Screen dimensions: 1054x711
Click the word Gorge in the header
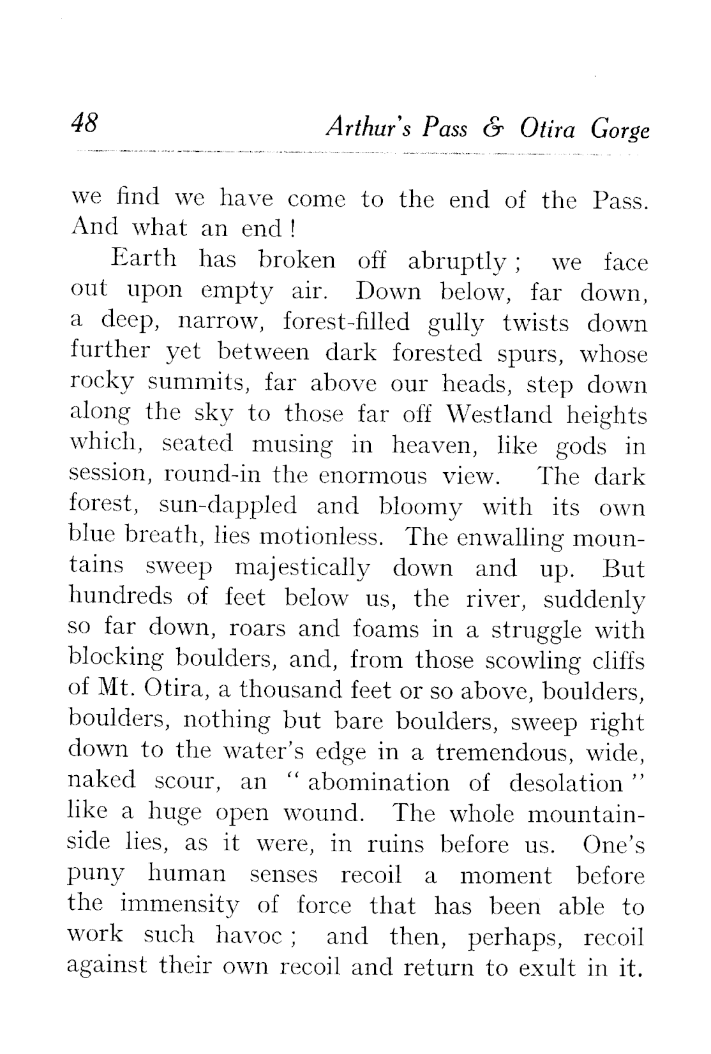click(619, 130)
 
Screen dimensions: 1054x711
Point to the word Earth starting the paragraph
click(144, 260)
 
